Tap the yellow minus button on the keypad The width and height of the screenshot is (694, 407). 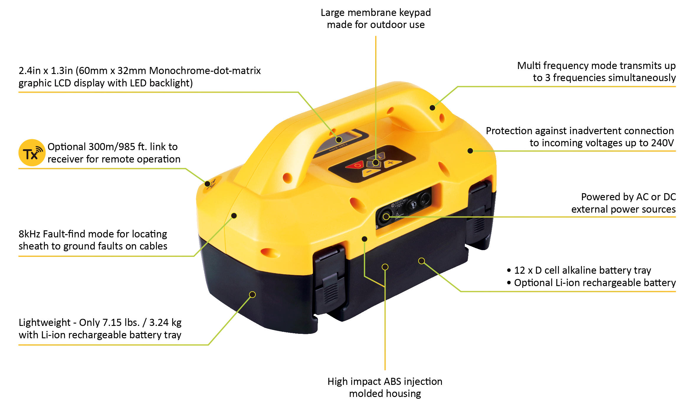point(370,172)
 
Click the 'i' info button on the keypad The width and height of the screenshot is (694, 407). point(380,156)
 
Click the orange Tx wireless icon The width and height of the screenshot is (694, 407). point(32,152)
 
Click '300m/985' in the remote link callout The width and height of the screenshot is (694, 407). point(112,147)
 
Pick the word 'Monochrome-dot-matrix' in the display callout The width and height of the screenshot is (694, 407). point(205,71)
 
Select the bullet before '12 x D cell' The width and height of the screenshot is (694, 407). point(509,270)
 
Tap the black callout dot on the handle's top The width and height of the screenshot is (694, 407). point(432,108)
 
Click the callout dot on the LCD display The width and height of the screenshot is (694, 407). point(339,140)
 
